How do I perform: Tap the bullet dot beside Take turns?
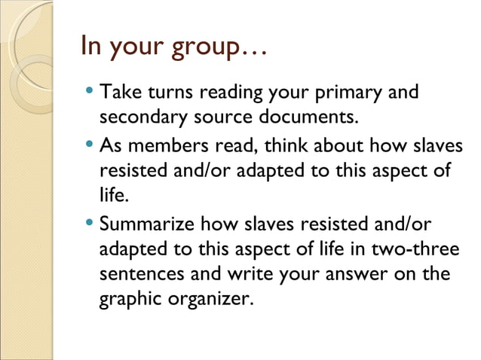click(90, 94)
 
